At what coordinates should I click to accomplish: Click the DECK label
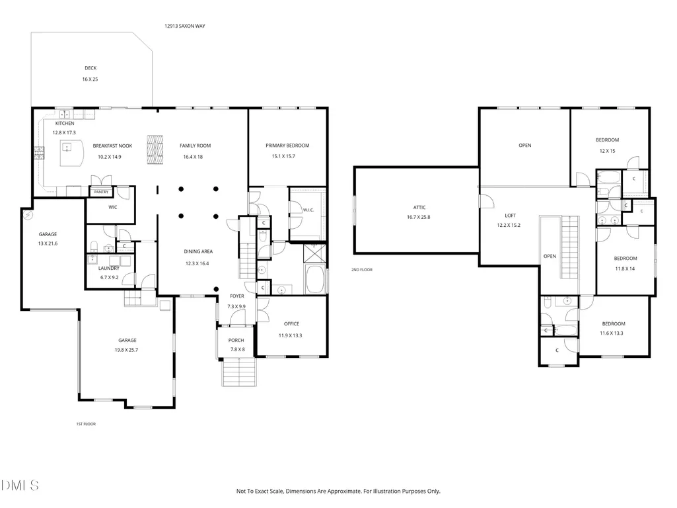90,68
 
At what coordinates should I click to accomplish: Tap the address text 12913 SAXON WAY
185,26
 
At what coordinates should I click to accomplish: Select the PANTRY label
102,192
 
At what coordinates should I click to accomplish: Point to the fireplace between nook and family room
155,149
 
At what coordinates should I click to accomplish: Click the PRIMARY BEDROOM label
287,146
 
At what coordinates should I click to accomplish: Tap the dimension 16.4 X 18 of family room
193,157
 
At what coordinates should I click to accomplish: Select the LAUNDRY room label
109,268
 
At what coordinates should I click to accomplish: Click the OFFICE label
291,324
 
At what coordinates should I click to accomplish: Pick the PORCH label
236,340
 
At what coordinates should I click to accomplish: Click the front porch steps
239,372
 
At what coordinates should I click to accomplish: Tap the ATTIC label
419,208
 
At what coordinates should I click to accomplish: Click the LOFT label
511,216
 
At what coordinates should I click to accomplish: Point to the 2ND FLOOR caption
362,270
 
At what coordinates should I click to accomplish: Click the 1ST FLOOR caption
86,424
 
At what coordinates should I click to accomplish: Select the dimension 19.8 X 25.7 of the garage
127,350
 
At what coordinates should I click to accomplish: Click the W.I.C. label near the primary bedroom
308,210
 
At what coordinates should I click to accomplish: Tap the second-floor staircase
570,248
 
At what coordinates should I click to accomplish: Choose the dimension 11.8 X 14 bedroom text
625,269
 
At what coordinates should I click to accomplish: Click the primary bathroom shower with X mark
315,253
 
